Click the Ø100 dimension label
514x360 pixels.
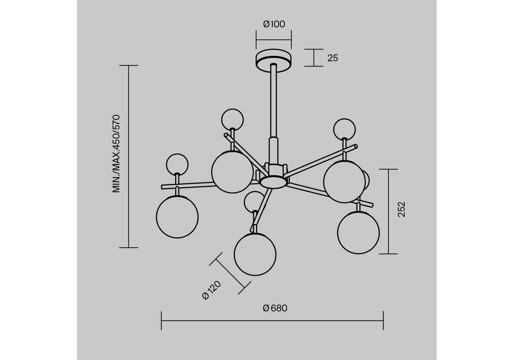tap(274, 24)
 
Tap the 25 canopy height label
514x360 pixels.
tap(333, 58)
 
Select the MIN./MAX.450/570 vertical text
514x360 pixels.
tap(116, 154)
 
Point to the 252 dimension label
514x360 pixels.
tap(401, 210)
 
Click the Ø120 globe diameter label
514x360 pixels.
tap(211, 290)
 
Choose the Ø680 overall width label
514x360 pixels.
tap(275, 308)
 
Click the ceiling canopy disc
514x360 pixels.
tap(273, 60)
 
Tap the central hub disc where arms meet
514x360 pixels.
tap(273, 182)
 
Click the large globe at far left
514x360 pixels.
tap(177, 217)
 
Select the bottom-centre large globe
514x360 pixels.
tap(255, 255)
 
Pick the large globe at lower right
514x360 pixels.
tap(358, 233)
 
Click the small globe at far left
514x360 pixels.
tap(177, 165)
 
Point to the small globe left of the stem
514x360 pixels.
tap(232, 120)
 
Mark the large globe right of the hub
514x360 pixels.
tap(345, 181)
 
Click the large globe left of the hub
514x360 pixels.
tap(232, 172)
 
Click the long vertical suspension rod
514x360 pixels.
tap(273, 101)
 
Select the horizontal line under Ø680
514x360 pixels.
tap(272, 321)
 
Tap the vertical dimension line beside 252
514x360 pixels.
tap(388, 211)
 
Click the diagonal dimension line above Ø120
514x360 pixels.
tap(230, 274)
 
